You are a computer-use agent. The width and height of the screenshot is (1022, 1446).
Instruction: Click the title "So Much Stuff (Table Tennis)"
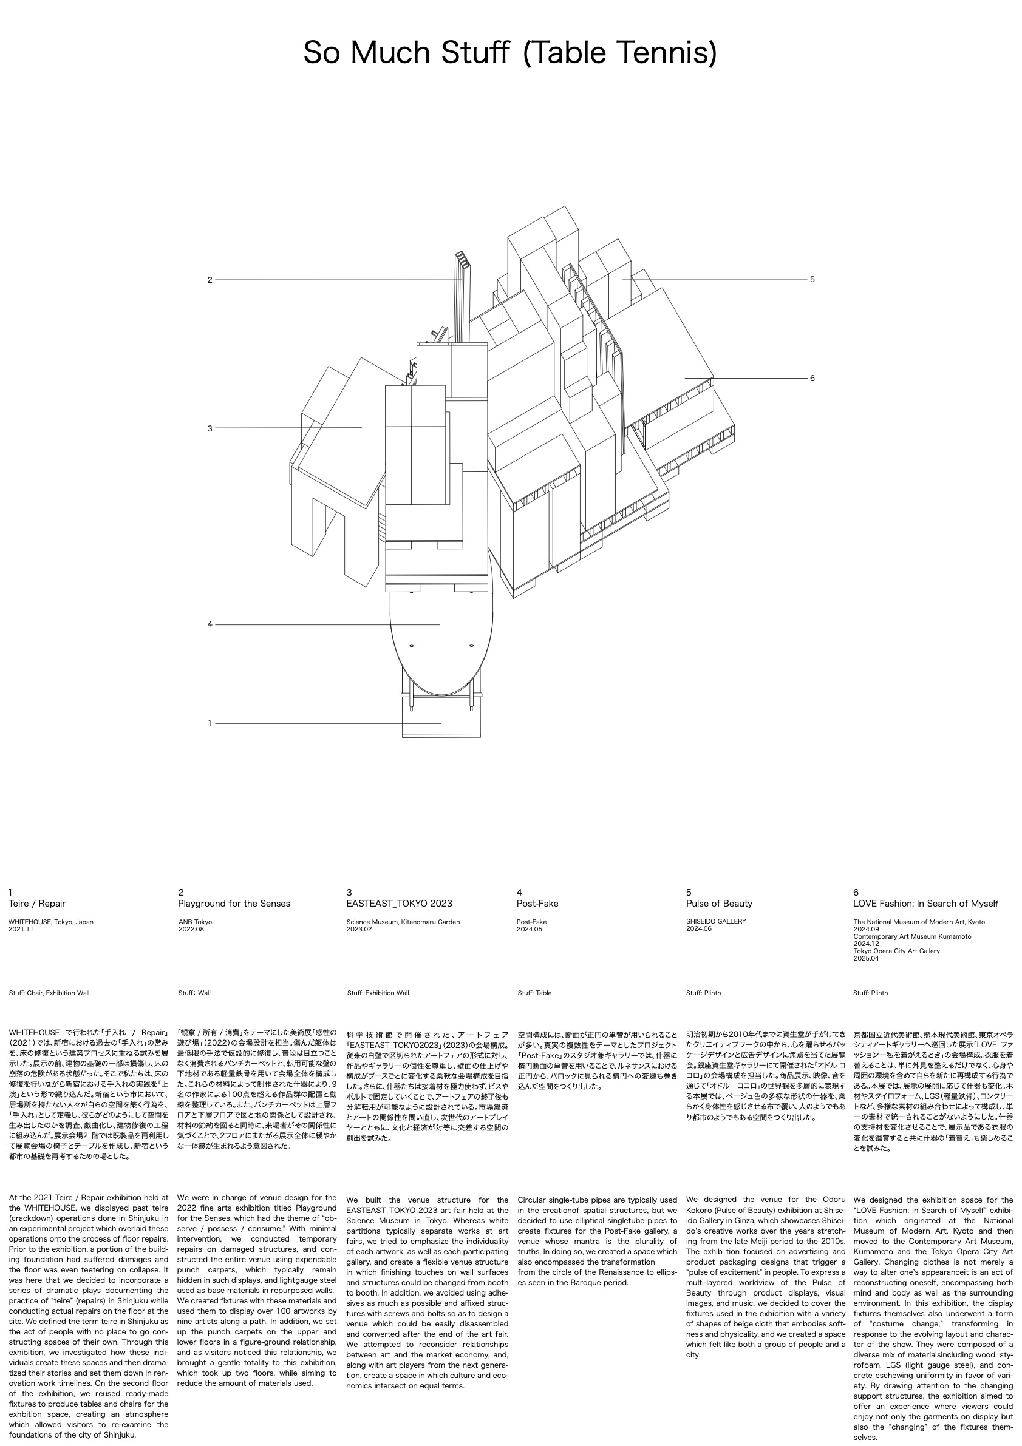coord(509,53)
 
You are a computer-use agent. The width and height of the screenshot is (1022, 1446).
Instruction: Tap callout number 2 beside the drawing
coord(210,280)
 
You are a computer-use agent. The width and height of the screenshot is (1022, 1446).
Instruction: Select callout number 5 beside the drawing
coord(812,279)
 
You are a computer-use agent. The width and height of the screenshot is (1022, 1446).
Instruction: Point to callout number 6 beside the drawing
coord(812,378)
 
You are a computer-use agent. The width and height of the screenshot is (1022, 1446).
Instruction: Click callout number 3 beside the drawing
coord(210,428)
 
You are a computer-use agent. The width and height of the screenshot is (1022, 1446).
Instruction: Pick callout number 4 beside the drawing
coord(210,624)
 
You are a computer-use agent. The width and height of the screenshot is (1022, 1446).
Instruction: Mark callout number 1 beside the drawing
coord(210,723)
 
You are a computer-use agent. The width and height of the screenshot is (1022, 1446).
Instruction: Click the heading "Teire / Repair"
coord(37,903)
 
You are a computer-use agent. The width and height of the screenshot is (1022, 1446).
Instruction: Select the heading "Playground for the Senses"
coord(234,903)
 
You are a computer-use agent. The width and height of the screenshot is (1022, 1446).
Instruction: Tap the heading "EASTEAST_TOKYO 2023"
coord(400,903)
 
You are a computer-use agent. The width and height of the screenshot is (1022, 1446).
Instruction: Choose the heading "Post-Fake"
coord(537,903)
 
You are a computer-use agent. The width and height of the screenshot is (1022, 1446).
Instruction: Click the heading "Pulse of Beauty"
coord(719,903)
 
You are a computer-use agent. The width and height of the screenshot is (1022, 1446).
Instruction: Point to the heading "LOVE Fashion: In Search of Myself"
coord(925,903)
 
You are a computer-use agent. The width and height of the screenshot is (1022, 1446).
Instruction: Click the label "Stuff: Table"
coord(534,993)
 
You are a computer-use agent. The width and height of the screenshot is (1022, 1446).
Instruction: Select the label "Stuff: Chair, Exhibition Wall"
coord(49,993)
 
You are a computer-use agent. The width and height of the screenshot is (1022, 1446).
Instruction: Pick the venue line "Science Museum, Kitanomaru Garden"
coord(403,921)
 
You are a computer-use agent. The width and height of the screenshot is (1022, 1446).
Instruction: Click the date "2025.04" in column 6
coord(866,958)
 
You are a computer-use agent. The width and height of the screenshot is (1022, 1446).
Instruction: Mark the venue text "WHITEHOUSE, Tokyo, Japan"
coord(51,921)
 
